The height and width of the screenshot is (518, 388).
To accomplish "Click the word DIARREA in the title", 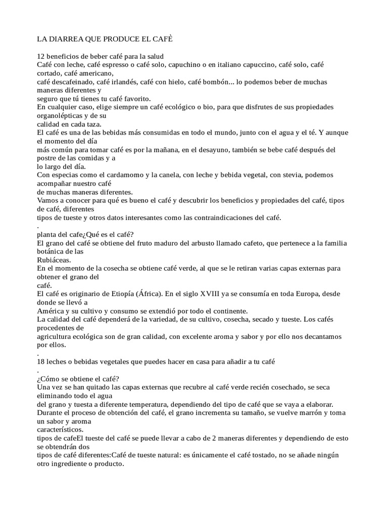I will [67, 39].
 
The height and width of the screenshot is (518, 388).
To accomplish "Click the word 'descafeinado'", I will [71, 81].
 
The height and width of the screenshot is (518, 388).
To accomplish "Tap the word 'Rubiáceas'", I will [53, 260].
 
